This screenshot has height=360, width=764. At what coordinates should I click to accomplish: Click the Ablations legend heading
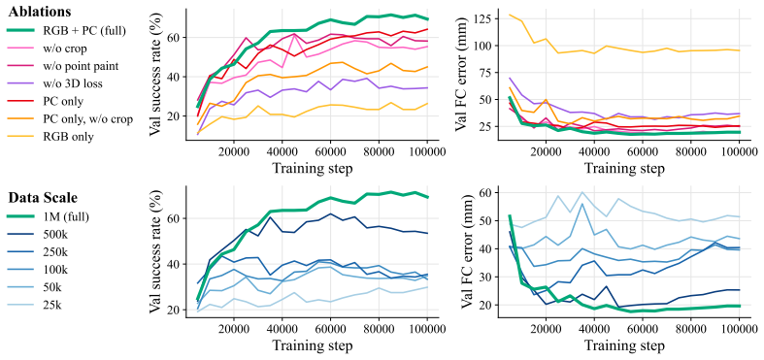click(40, 12)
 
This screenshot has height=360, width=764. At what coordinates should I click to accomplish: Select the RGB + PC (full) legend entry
click(67, 31)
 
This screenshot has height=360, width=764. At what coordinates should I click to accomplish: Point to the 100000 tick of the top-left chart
click(427, 152)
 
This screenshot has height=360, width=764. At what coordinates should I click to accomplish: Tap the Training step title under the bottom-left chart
click(311, 346)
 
